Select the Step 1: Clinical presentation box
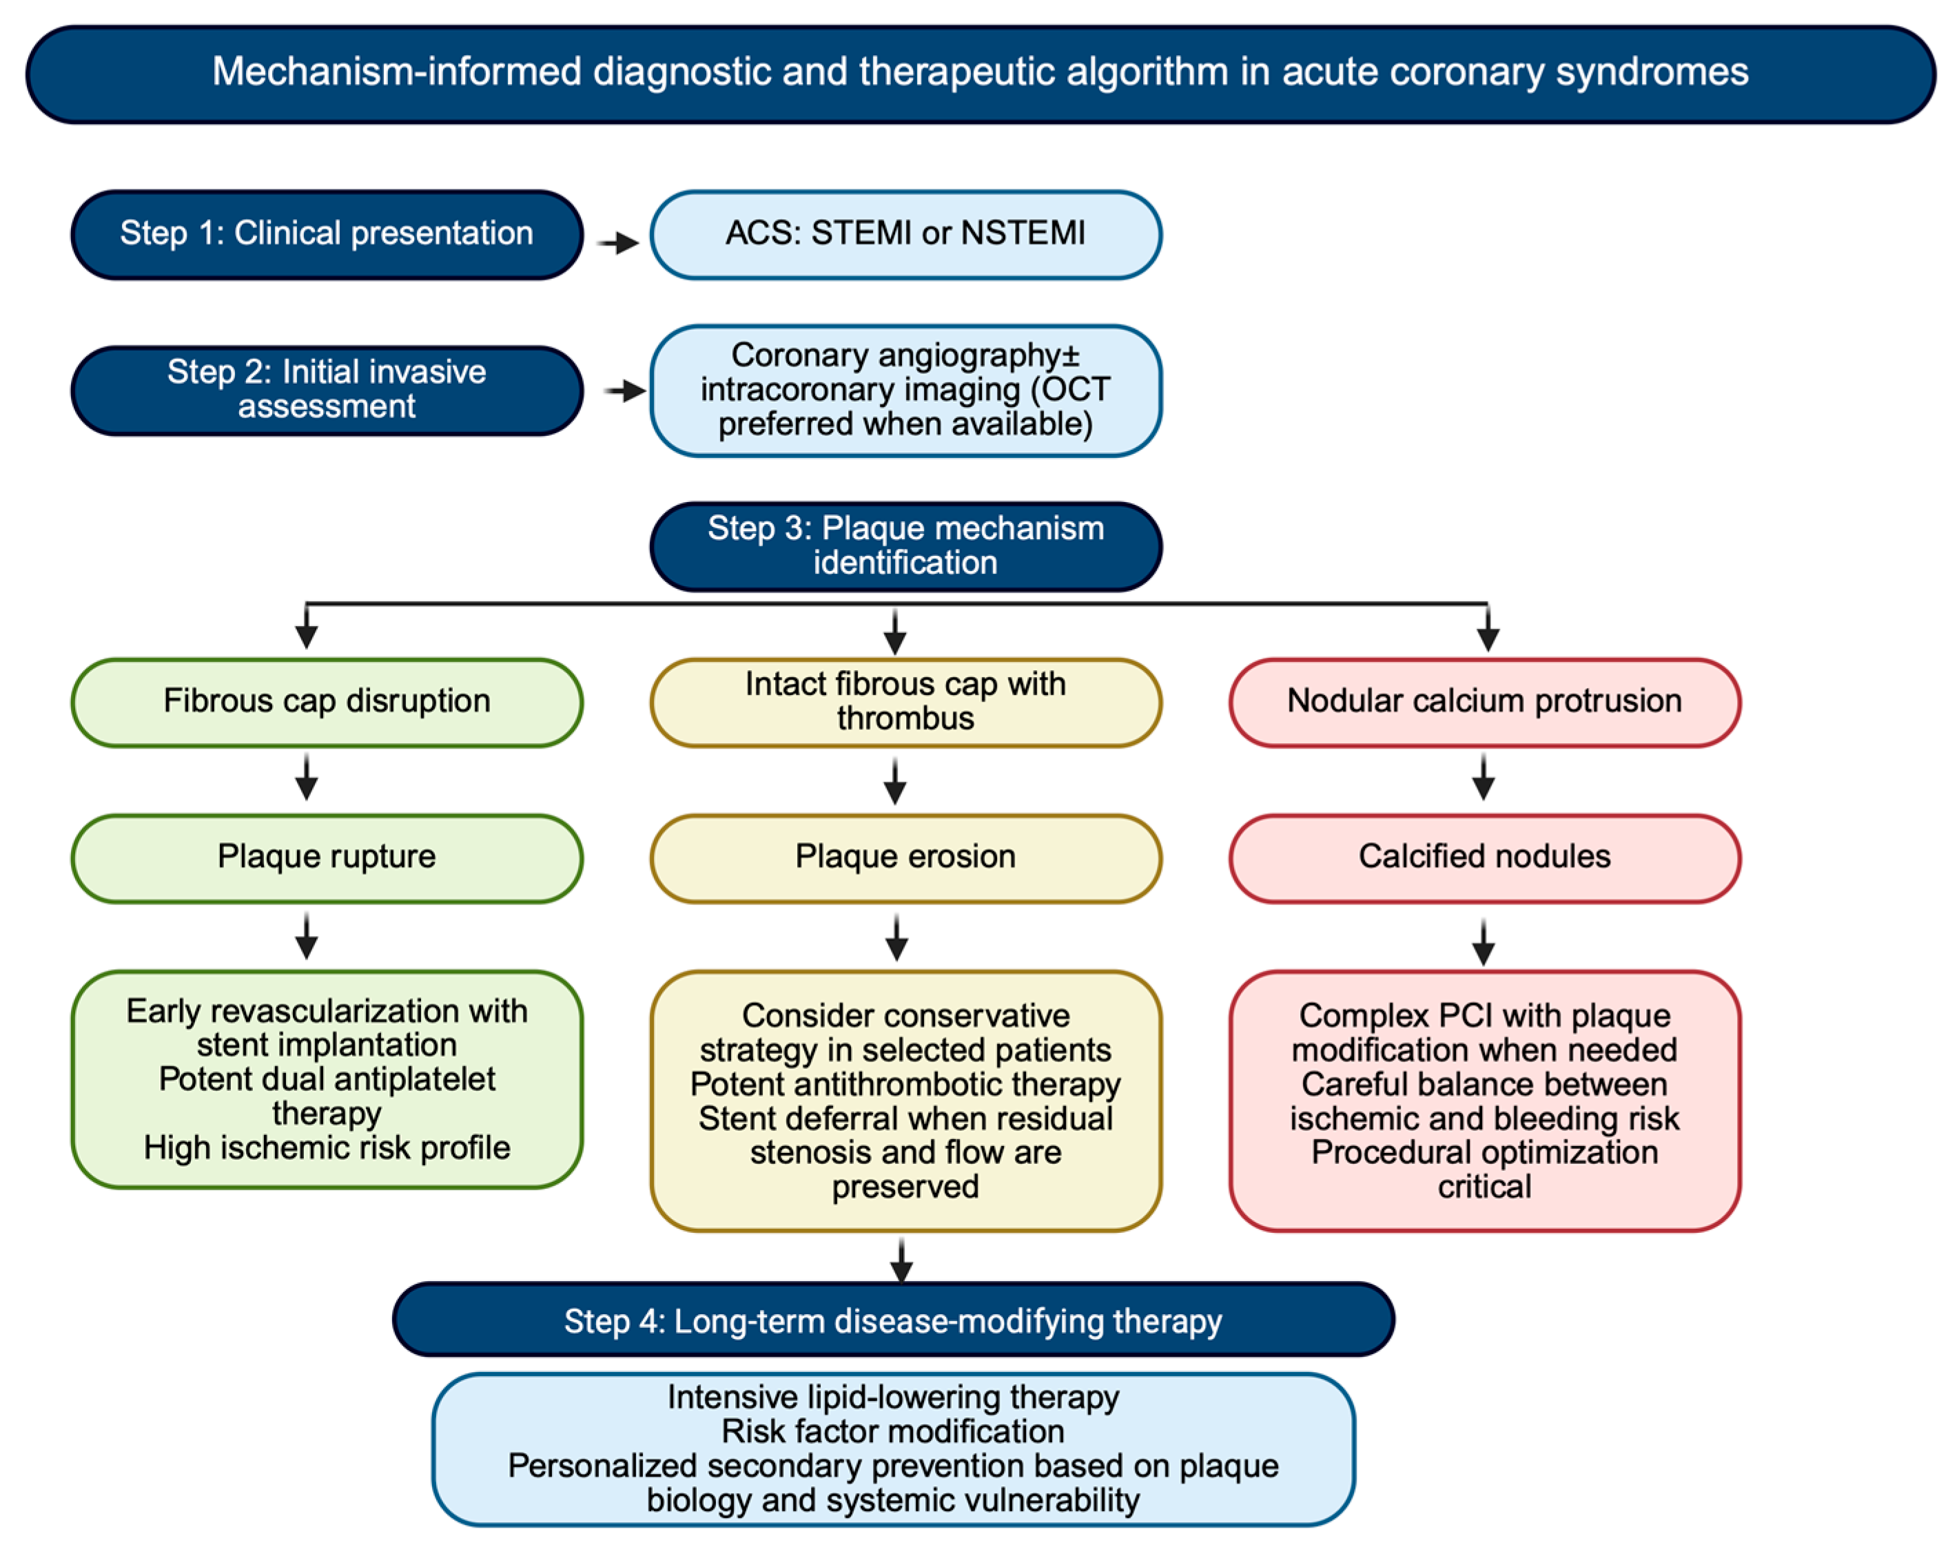(327, 234)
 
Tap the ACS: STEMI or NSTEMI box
(905, 234)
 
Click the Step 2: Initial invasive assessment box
(327, 390)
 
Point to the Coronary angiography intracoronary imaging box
(905, 391)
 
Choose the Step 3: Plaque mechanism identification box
(905, 546)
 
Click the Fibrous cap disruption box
(327, 703)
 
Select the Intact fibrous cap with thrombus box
(905, 703)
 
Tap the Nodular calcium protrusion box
(1484, 703)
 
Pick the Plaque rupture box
(327, 858)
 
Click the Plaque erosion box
(905, 858)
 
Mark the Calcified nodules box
(1484, 858)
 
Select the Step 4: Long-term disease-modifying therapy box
(893, 1320)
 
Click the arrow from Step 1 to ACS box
(619, 242)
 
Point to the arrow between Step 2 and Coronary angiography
(625, 391)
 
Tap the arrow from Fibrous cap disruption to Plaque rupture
(307, 778)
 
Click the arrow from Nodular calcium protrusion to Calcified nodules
(1484, 778)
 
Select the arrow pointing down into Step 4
(901, 1260)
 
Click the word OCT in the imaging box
(1076, 390)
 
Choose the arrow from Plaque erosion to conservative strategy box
(896, 937)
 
